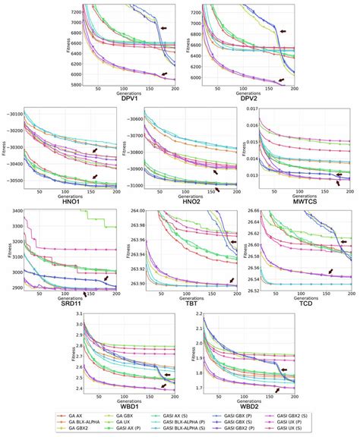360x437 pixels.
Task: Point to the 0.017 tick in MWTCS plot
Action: [x=249, y=110]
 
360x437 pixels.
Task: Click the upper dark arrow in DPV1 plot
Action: [x=166, y=27]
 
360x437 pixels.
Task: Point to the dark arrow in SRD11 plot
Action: [x=106, y=278]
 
